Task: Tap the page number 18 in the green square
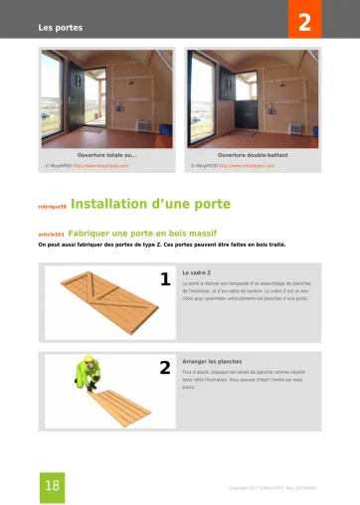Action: pyautogui.click(x=53, y=484)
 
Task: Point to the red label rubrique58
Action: pyautogui.click(x=52, y=207)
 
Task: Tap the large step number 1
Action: pyautogui.click(x=165, y=279)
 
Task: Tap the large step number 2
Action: pyautogui.click(x=165, y=368)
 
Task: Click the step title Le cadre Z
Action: pyautogui.click(x=197, y=271)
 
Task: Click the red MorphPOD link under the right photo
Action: pyautogui.click(x=246, y=166)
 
